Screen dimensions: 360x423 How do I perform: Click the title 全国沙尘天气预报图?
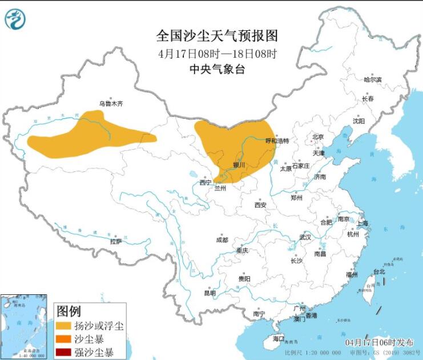217,36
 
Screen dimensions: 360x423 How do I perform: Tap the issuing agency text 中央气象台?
217,70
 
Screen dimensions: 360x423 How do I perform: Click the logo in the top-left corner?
15,19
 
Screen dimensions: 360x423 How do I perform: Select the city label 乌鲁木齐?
111,103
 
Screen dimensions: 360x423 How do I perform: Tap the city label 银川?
239,165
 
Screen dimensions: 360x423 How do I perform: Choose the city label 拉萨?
116,241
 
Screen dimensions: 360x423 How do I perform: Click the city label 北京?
317,137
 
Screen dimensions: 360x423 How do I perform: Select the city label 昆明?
210,293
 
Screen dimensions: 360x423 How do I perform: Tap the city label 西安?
261,204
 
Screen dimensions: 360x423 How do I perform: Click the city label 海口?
278,338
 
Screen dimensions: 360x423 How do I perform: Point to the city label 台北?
379,271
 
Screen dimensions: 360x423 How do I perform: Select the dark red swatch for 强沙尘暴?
64,351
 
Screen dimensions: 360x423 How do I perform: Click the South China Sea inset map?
24,326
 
